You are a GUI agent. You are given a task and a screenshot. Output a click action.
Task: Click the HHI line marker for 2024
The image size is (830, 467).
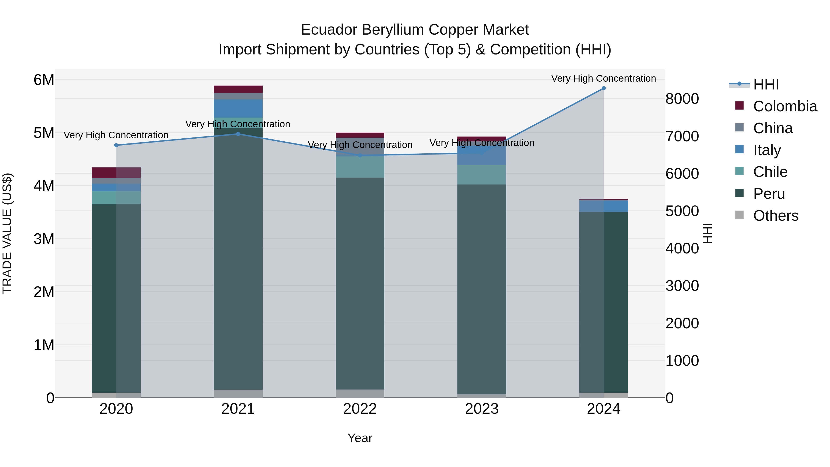point(604,88)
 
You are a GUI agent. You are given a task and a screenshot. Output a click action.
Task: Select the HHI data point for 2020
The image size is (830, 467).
point(116,145)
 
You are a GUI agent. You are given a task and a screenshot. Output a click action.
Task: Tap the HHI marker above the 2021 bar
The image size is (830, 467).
point(238,134)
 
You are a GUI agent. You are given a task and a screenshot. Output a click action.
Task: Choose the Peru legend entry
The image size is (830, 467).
point(769,194)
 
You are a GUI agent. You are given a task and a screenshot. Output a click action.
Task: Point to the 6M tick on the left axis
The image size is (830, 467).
point(44,80)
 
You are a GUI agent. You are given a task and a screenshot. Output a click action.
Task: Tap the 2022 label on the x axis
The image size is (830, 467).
point(360,409)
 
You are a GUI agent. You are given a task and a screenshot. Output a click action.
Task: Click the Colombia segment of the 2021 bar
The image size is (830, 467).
point(238,89)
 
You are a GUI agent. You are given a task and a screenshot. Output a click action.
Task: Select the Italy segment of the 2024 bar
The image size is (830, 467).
point(604,206)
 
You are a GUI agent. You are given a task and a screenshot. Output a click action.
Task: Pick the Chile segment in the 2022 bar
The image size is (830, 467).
point(360,167)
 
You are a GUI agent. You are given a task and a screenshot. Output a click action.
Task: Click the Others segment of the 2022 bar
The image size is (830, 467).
point(360,393)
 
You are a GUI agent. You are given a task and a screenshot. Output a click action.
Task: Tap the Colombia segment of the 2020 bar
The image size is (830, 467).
point(116,173)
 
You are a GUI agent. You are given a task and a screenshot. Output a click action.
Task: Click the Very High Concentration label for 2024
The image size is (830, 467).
point(604,79)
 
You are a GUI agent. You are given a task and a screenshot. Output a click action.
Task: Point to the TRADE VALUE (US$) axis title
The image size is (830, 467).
point(7,233)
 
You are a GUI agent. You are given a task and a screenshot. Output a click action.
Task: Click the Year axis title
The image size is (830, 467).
point(360,438)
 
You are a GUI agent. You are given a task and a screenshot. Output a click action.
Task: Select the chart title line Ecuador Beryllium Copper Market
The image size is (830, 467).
point(415,30)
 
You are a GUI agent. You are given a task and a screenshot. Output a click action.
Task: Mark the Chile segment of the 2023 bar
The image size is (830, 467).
point(482,175)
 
